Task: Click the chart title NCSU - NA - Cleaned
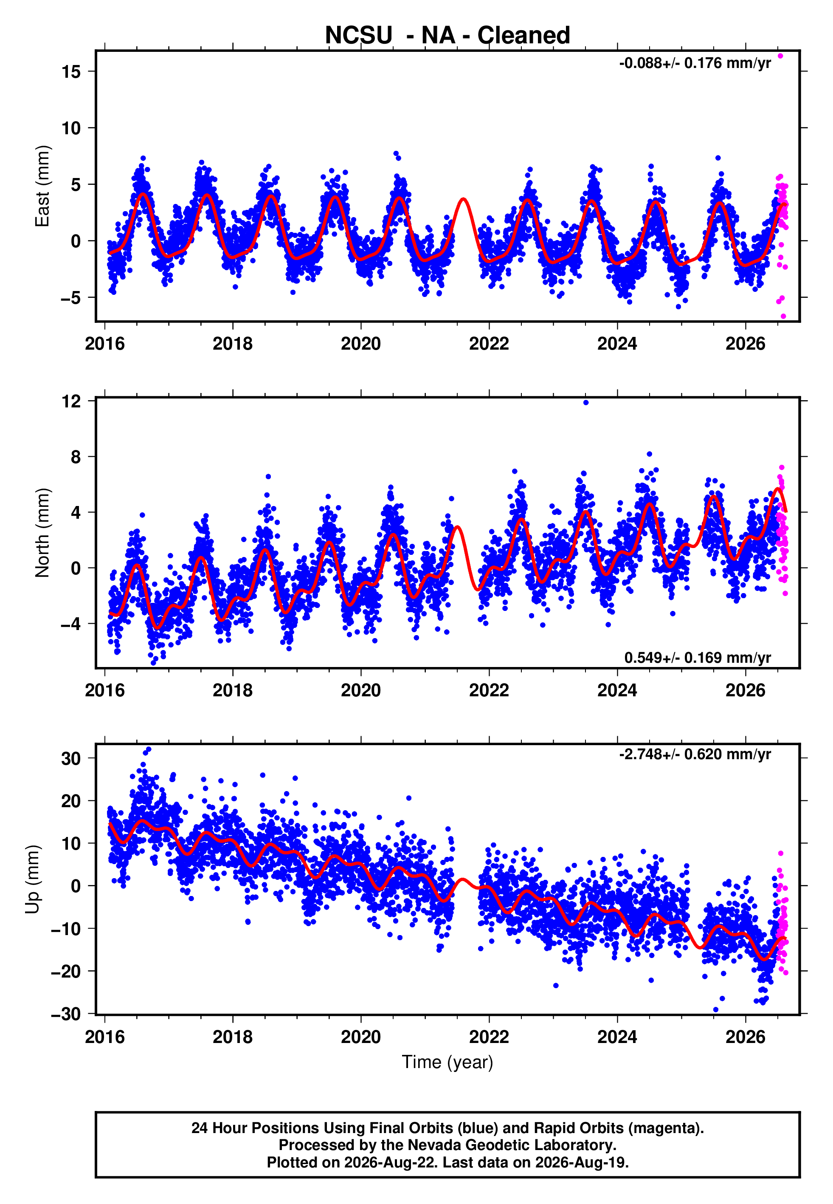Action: click(x=447, y=35)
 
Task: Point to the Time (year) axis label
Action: click(x=447, y=1062)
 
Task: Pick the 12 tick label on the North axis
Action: click(x=71, y=401)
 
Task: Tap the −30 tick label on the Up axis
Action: click(x=66, y=1014)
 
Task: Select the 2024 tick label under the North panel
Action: click(x=617, y=690)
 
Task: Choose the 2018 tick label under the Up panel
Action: click(x=232, y=1037)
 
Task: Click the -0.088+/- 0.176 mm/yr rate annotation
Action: click(x=695, y=63)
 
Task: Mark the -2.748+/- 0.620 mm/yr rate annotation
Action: click(x=695, y=755)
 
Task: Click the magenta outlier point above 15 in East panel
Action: click(x=780, y=56)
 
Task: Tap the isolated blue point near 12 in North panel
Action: click(x=585, y=403)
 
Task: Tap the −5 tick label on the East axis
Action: click(x=71, y=298)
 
